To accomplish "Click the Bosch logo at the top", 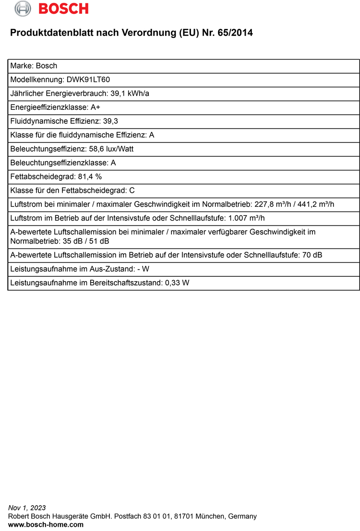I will coord(51,9).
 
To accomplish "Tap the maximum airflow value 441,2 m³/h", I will coord(316,204).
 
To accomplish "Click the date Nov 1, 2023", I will coord(27,508).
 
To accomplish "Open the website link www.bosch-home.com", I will coord(46,525).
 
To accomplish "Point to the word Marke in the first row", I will coord(21,66).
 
